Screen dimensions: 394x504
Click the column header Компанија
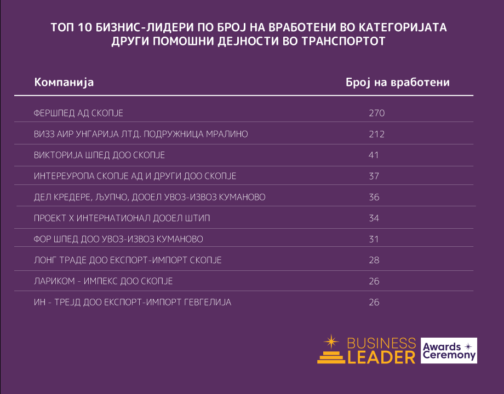click(64, 82)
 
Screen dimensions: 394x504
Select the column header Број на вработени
click(398, 82)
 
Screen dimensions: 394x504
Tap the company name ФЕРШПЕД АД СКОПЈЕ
click(78, 113)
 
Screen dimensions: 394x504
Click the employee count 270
click(377, 113)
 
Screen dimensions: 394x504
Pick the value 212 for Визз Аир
click(376, 134)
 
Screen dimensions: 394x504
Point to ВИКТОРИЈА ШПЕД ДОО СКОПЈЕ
click(99, 155)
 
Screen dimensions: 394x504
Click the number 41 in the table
click(374, 155)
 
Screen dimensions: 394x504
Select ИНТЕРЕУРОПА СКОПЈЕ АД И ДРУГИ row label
click(135, 176)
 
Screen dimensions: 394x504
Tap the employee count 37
click(374, 176)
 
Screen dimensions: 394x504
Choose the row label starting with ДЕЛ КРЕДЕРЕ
click(150, 197)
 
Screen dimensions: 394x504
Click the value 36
click(374, 197)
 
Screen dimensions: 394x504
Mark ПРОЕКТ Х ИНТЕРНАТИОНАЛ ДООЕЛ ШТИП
click(122, 218)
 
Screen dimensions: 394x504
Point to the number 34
click(374, 218)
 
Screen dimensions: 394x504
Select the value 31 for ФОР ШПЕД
click(374, 239)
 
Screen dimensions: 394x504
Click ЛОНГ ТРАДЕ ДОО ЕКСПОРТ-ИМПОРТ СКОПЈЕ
click(128, 260)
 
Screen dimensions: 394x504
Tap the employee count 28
click(374, 260)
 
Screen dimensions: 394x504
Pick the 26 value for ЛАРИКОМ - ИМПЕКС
click(374, 281)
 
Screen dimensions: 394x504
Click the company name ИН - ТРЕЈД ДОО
click(133, 302)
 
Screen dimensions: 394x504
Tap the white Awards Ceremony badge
click(449, 351)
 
